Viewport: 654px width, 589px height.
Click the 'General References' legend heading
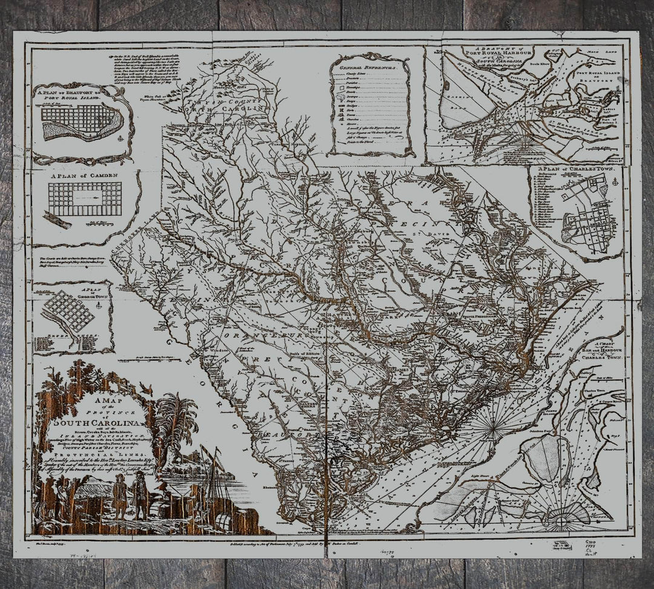[x=370, y=65]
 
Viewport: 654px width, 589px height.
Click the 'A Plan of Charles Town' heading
[x=575, y=171]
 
